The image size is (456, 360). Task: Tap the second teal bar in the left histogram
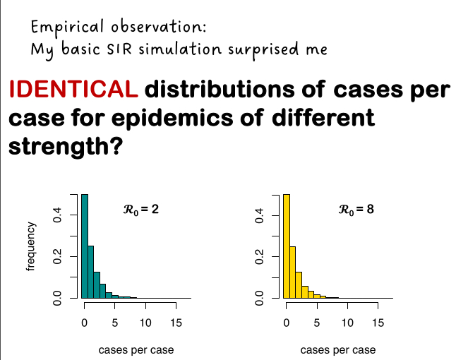coord(91,272)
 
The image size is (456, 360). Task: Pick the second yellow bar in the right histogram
coord(293,272)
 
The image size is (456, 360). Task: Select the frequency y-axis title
coord(30,246)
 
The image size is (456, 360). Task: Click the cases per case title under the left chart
coord(136,350)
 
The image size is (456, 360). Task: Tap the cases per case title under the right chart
coord(338,350)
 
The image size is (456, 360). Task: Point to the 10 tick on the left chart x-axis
coord(145,323)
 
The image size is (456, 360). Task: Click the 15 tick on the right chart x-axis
coord(378,323)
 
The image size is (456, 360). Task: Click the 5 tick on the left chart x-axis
coord(115,323)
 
